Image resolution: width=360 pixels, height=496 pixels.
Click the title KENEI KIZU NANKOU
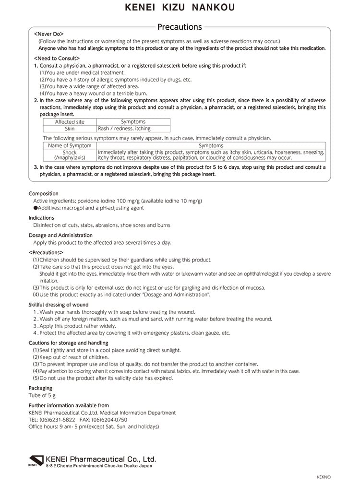pos(180,8)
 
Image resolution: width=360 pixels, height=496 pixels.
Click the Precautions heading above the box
pos(180,27)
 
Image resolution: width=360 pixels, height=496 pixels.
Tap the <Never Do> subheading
pos(49,34)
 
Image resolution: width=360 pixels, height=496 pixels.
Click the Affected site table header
pos(70,122)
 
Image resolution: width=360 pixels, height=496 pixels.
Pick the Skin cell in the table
pos(70,129)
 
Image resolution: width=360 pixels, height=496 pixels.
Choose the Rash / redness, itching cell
pos(124,129)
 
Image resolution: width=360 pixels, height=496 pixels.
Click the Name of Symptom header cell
pos(70,145)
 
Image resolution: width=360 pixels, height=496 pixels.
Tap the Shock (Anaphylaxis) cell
pos(70,154)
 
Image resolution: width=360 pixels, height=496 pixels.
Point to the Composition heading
pos(43,194)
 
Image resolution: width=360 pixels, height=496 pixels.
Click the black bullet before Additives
pos(35,208)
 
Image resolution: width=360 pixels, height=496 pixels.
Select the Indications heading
pos(41,218)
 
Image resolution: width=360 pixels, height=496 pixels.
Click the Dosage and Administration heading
pos(60,235)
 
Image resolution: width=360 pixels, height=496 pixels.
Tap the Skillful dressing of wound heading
pos(59,305)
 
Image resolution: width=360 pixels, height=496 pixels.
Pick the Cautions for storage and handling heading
pos(68,343)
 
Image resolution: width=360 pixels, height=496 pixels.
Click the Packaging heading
pos(40,388)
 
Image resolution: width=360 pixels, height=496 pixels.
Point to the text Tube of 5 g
pos(42,395)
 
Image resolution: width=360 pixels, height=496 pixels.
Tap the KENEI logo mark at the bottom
pos(36,460)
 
